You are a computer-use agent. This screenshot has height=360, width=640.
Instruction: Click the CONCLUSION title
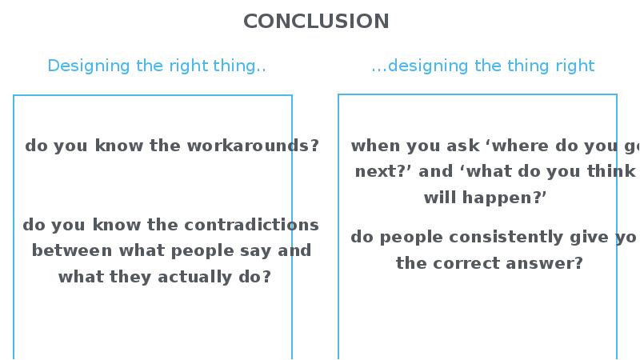click(x=316, y=21)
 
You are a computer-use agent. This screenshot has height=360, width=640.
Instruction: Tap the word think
click(x=608, y=171)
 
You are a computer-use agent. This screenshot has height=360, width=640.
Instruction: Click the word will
click(x=441, y=197)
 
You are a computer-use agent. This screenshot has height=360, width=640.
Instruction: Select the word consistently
click(x=493, y=238)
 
